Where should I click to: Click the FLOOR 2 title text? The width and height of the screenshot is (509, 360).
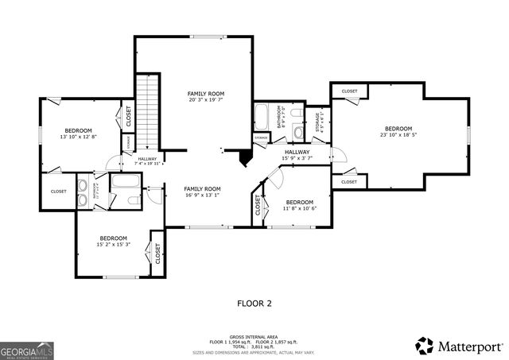point(254,304)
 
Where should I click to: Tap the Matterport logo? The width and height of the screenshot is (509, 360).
point(459,346)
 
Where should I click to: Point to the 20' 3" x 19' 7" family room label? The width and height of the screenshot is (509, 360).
point(204,97)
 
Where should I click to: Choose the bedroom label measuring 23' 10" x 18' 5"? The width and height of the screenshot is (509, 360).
point(398,132)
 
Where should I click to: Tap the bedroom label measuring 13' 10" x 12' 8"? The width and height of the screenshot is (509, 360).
point(78,134)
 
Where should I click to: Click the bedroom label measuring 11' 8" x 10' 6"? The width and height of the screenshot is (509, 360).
point(300,205)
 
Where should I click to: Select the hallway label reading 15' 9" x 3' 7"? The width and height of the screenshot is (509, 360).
point(296,155)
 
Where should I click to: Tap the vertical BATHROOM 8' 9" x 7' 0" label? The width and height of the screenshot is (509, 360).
point(280,118)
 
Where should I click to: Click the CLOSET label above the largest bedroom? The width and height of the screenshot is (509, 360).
point(349,91)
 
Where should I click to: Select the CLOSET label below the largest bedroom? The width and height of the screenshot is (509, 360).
point(349,182)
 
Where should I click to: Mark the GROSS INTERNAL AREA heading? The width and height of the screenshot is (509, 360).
point(254,337)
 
